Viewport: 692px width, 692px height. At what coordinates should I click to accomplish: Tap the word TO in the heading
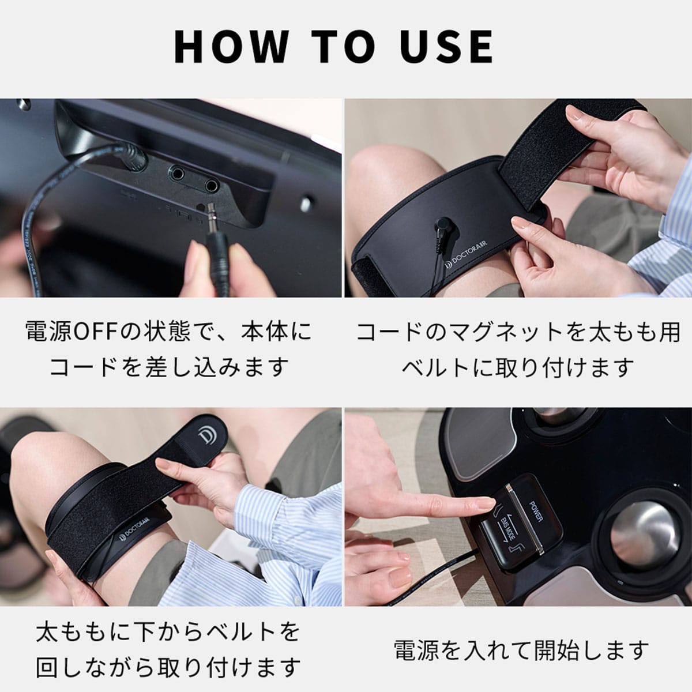pyautogui.click(x=343, y=47)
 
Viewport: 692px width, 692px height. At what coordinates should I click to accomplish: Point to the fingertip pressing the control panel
pyautogui.click(x=487, y=506)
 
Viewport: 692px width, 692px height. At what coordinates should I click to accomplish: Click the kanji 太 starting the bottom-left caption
pyautogui.click(x=48, y=633)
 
